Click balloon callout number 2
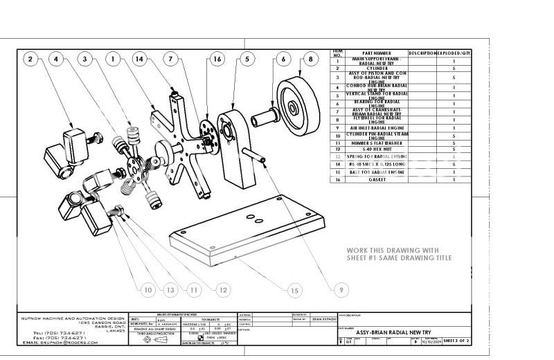click(30, 60)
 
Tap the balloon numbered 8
click(310, 60)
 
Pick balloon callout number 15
click(294, 290)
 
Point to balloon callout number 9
click(341, 290)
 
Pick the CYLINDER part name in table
click(377, 69)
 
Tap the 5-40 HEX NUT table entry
click(377, 149)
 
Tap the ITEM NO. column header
click(337, 53)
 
